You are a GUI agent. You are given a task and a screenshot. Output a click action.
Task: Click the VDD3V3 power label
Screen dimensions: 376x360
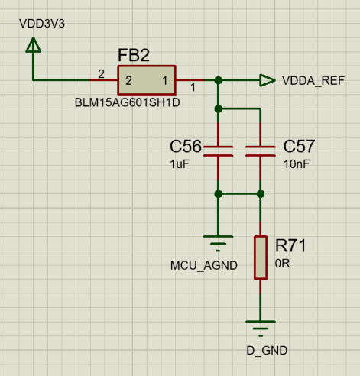[x=42, y=23]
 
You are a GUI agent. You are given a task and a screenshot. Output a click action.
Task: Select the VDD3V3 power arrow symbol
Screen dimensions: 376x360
[x=33, y=47]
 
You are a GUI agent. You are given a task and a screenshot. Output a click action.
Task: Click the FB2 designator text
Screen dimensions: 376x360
[x=133, y=56]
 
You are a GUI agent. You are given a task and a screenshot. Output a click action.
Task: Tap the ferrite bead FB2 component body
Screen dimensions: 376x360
[x=146, y=79]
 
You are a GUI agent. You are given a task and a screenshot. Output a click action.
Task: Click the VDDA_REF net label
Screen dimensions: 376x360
[x=313, y=80]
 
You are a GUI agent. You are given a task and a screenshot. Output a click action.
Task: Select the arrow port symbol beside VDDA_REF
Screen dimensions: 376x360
[x=267, y=79]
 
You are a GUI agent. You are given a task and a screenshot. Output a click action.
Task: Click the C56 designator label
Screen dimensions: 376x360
[x=186, y=146]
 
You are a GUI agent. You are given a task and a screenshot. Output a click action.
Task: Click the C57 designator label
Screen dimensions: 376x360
[x=299, y=146]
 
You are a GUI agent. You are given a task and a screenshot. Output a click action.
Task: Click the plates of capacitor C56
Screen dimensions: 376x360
[x=219, y=150]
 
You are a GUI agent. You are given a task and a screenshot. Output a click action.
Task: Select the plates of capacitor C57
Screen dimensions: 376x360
[x=261, y=150]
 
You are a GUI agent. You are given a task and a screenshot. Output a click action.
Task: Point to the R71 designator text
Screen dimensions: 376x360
[x=290, y=245]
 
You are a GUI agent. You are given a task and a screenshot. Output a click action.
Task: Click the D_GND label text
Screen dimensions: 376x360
[x=261, y=351]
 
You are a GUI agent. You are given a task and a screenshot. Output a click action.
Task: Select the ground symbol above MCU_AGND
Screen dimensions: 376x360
[x=219, y=244]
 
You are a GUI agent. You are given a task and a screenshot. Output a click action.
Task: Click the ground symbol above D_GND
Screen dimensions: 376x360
[x=261, y=329]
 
